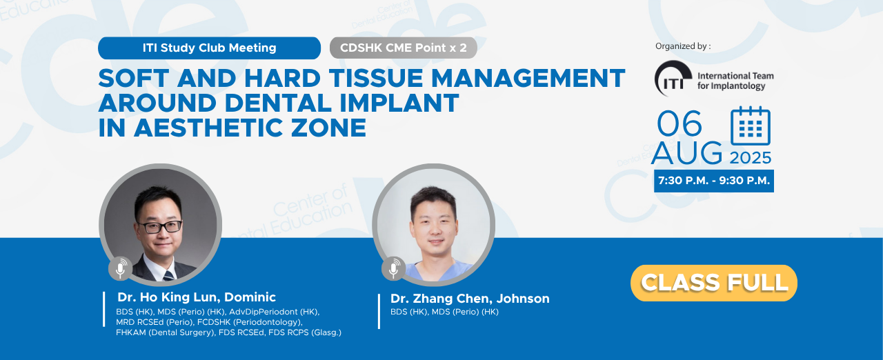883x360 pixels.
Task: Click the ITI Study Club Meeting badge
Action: tap(209, 48)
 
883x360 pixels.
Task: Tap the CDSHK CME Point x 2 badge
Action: tap(404, 48)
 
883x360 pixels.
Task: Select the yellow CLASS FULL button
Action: tap(713, 283)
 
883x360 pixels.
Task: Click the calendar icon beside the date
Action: tap(751, 126)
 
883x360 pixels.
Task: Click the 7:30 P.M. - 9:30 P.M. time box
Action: tap(714, 181)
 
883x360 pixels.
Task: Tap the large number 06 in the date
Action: tap(679, 123)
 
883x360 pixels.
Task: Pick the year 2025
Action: tap(750, 158)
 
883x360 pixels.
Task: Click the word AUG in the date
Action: tap(686, 153)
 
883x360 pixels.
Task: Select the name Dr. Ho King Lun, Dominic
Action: tap(197, 297)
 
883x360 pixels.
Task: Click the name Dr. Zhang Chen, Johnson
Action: tap(470, 299)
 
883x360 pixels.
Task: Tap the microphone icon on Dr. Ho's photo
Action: tap(120, 268)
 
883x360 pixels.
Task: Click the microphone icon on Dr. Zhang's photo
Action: tap(393, 268)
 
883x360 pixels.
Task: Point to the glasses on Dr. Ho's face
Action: tap(159, 226)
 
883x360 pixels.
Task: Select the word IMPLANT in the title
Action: tap(399, 103)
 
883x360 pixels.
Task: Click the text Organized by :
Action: tap(683, 46)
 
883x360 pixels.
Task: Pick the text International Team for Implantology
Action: tap(735, 81)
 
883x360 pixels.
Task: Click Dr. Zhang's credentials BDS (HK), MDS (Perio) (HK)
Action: tap(444, 312)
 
